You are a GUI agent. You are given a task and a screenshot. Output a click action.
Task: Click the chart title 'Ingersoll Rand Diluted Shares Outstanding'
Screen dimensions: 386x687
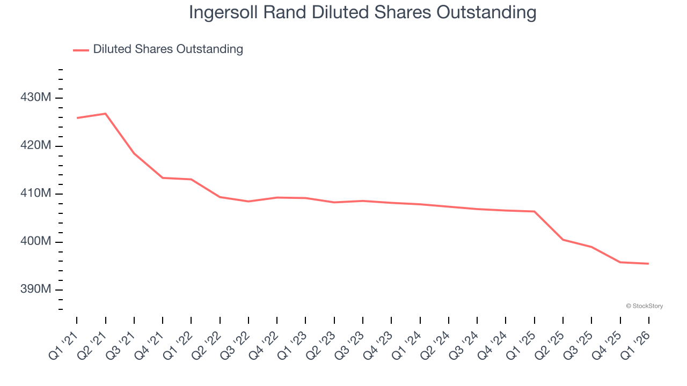(362, 13)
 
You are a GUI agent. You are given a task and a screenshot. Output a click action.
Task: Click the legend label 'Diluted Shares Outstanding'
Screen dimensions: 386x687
(167, 49)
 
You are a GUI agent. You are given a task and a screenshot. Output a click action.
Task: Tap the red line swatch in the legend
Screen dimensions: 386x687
(81, 50)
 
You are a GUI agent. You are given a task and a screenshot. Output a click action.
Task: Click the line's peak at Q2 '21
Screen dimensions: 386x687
(105, 114)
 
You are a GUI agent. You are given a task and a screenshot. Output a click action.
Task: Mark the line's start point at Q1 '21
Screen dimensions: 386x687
(77, 118)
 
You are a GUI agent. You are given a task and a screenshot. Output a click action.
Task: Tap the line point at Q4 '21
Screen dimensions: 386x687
(163, 178)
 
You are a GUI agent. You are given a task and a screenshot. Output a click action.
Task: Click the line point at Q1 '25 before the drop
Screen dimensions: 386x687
(534, 211)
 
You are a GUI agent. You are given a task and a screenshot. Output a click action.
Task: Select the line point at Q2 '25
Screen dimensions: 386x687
(563, 240)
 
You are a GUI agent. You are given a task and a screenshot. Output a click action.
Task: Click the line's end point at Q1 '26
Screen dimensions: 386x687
(648, 264)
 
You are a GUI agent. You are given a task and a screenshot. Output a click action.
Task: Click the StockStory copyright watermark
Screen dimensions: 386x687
(644, 306)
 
